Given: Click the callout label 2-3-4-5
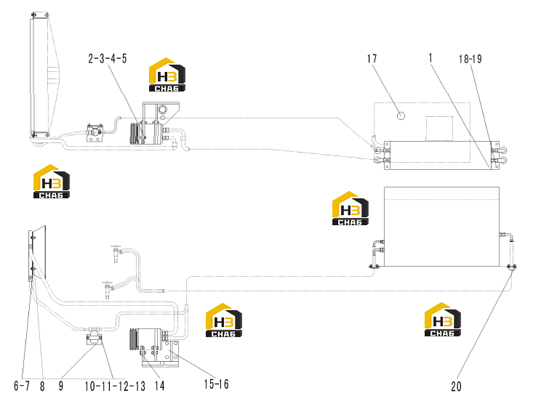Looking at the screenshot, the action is tap(108, 59).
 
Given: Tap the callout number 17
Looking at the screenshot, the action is tap(372, 59).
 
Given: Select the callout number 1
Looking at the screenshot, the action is tap(430, 58).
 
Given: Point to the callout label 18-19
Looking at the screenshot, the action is tap(470, 59).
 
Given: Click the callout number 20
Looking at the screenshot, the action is tap(456, 386).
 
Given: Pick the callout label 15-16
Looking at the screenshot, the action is tap(216, 384).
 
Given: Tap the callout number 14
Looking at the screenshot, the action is tap(159, 386).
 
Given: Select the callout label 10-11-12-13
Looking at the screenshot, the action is tap(115, 386).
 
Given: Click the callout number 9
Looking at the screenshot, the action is tap(61, 386).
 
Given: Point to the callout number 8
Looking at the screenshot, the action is tap(42, 386).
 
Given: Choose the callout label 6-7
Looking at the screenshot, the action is tap(22, 386).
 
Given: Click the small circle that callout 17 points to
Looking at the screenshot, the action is tap(401, 116).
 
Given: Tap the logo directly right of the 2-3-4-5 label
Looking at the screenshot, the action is tap(167, 75).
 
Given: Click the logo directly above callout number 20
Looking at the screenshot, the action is tap(443, 320).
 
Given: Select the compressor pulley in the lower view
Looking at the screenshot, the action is tap(133, 339).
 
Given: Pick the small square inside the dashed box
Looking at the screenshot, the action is tap(439, 129).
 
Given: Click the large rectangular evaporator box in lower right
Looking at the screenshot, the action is tap(442, 227).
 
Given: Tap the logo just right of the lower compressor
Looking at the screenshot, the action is tap(224, 320).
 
